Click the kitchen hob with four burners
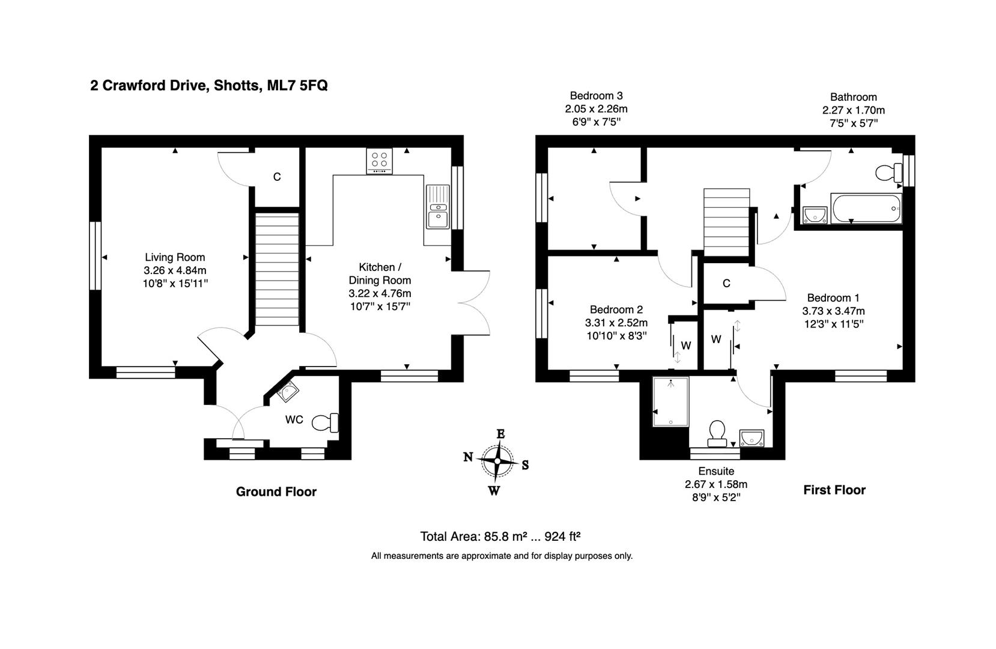tap(379, 160)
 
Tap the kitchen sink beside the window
tap(437, 207)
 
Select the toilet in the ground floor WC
tap(325, 422)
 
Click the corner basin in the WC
tap(288, 392)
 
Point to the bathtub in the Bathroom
tap(866, 209)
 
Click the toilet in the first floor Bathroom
tap(889, 173)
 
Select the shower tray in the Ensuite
tap(670, 401)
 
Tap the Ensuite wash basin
tap(752, 437)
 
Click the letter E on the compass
tap(500, 434)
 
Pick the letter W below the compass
tap(494, 490)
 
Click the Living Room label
tap(175, 257)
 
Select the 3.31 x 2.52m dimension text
tap(616, 323)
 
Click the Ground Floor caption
tap(276, 492)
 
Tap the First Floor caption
tap(834, 490)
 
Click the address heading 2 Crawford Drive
tap(208, 85)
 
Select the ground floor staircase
tap(277, 267)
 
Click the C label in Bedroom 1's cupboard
tap(726, 283)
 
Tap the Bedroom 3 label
tap(596, 96)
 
